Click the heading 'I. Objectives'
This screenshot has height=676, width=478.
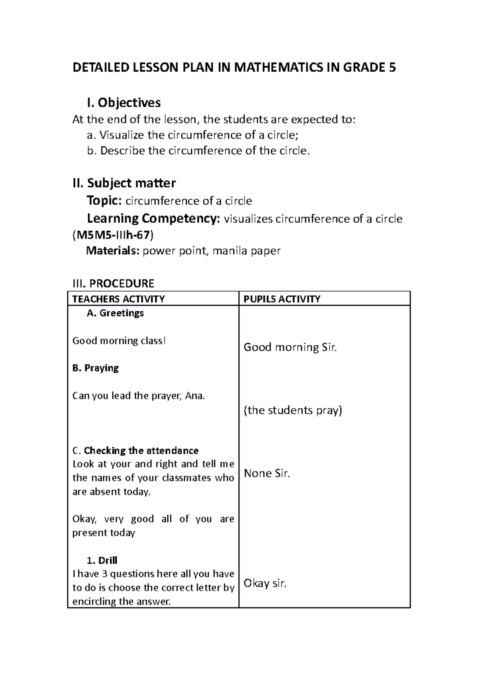[123, 103]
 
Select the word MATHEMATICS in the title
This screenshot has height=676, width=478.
[276, 68]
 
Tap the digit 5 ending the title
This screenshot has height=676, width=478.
[392, 68]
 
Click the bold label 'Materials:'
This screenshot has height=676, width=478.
[113, 251]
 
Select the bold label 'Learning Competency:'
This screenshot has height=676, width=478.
[153, 219]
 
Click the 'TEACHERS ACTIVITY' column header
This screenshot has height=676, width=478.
[118, 299]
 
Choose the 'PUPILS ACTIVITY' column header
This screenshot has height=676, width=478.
[282, 299]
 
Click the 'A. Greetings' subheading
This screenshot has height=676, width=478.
[115, 313]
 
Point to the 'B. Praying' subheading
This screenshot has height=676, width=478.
[96, 368]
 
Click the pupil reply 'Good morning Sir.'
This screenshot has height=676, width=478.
[290, 348]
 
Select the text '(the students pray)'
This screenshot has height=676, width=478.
[293, 410]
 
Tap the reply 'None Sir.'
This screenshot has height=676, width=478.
[267, 473]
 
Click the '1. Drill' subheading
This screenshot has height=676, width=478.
[102, 560]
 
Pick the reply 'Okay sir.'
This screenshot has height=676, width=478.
[265, 584]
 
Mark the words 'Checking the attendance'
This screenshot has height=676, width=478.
[141, 451]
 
